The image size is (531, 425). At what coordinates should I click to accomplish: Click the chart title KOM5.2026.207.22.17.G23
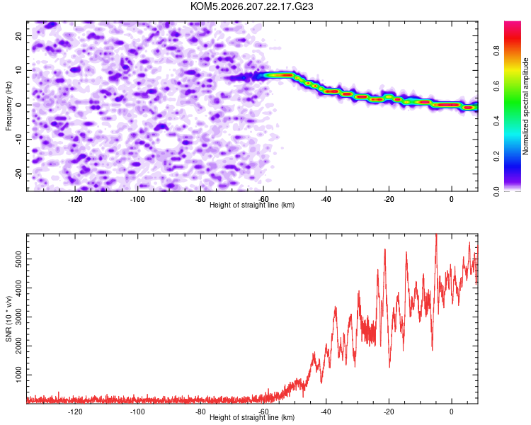tap(251, 6)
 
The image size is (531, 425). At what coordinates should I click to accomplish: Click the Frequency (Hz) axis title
tap(8, 106)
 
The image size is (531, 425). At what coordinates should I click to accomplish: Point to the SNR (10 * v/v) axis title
tap(8, 319)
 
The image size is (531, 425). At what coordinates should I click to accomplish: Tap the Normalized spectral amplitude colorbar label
tap(525, 106)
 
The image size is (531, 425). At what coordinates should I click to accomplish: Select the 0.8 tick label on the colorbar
tap(496, 51)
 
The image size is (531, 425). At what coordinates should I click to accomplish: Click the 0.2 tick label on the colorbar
tap(496, 157)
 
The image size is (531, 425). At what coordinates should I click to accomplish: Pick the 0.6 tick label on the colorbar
tap(496, 86)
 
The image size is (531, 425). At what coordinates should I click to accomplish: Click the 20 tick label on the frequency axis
tap(18, 36)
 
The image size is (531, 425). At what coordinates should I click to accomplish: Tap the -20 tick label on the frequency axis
tap(18, 174)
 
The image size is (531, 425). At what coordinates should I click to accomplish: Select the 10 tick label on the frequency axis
tap(18, 70)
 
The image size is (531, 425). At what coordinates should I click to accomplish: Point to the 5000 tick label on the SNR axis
tap(18, 259)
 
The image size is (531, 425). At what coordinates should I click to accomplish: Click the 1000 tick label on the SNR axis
tap(18, 375)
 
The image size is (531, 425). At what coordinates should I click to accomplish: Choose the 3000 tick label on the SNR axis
tap(18, 317)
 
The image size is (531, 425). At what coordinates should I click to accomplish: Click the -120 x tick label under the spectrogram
tap(75, 199)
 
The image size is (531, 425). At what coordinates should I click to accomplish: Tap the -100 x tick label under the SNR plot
tap(137, 412)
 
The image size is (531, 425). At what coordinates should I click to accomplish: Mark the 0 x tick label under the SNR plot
tap(452, 412)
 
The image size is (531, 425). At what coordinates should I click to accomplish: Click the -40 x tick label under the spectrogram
tap(326, 199)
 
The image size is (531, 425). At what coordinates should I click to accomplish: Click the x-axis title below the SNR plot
tap(252, 417)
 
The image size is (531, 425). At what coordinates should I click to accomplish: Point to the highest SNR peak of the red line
tap(436, 234)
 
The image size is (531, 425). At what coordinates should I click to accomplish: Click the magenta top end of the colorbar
tap(513, 23)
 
